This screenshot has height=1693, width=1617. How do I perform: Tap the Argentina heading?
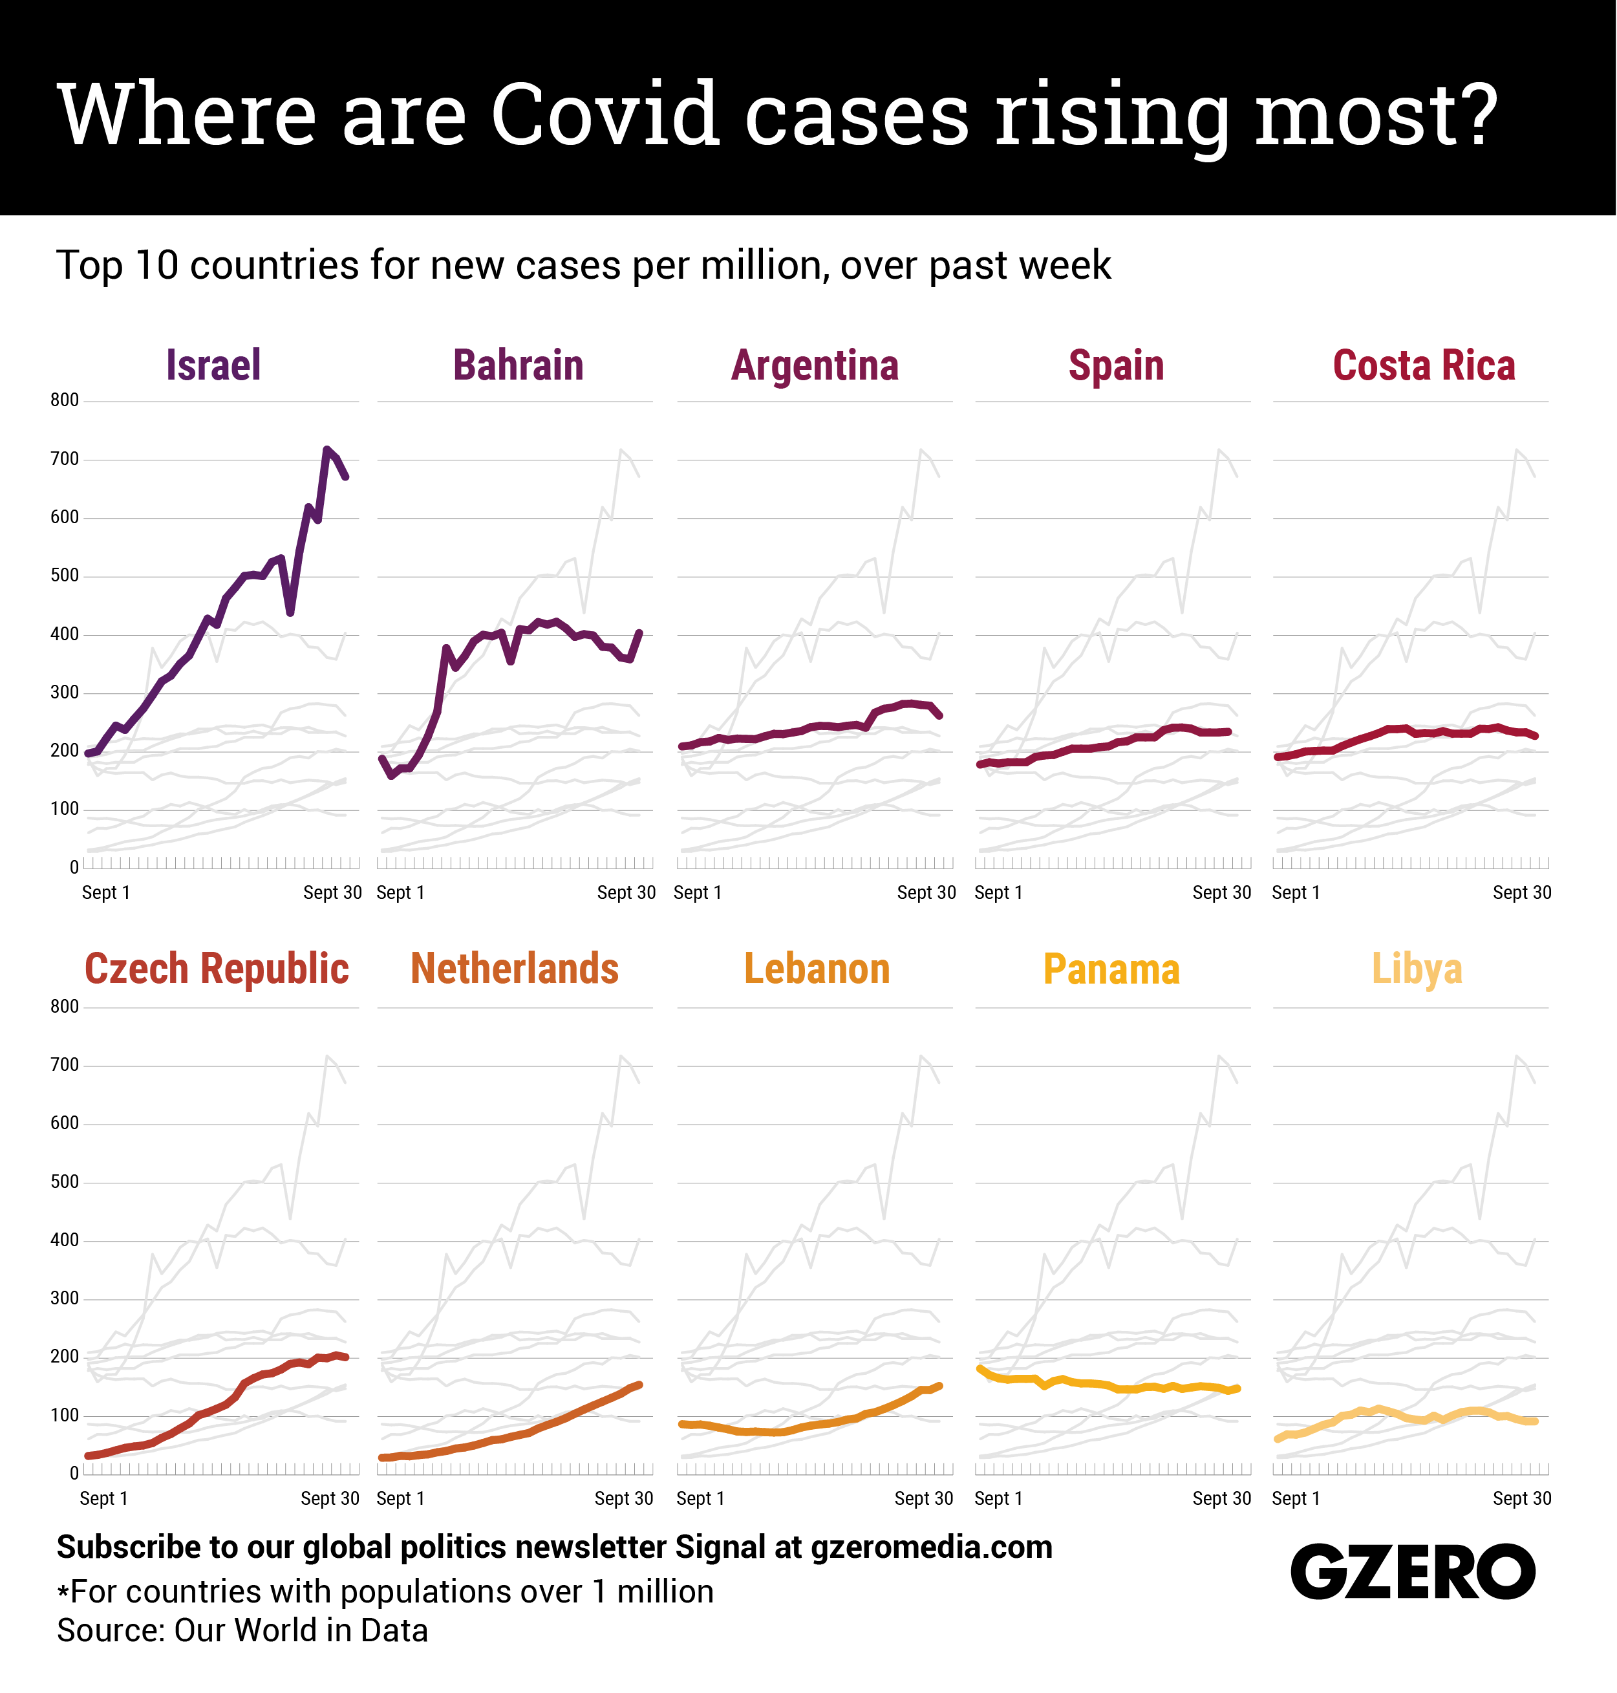click(x=815, y=365)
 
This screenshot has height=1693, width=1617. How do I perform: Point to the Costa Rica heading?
click(x=1424, y=365)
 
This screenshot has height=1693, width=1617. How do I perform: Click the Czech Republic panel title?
click(x=217, y=969)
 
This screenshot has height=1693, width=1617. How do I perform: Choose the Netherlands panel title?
click(x=515, y=969)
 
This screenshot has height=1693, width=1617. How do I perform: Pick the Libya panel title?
click(x=1417, y=969)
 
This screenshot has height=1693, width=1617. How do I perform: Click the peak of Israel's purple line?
click(x=327, y=449)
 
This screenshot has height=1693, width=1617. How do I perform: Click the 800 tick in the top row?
click(x=65, y=400)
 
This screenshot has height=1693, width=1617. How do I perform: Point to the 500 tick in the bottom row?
click(x=65, y=1182)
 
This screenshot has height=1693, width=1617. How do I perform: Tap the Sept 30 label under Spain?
click(x=1221, y=893)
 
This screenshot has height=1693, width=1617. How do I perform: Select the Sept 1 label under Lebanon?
click(x=700, y=1499)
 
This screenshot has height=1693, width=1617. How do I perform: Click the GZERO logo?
click(x=1413, y=1571)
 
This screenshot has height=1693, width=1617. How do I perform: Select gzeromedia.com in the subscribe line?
click(x=932, y=1547)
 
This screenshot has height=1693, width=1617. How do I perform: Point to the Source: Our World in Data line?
click(x=242, y=1631)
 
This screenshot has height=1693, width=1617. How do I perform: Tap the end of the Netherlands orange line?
click(x=639, y=1385)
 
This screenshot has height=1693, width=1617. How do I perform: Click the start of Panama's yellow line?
click(x=980, y=1368)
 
